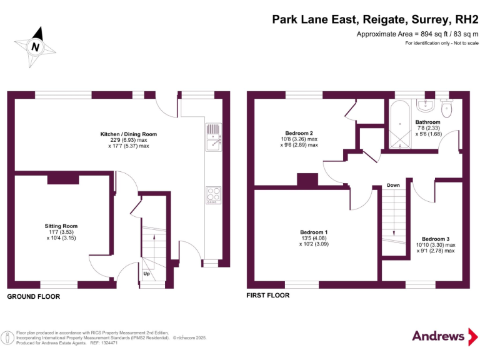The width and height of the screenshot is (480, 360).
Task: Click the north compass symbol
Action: pos(36,46)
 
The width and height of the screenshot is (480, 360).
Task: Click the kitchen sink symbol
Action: pos(214,137)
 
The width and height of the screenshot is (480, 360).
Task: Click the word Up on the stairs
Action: pos(146,274)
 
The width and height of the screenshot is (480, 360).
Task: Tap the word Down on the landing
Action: pos(393,186)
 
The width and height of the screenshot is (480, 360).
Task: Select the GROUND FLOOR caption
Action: pos(34,297)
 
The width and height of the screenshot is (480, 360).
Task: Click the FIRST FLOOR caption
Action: pos(268,296)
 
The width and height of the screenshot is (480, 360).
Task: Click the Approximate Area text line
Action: pos(417,34)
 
